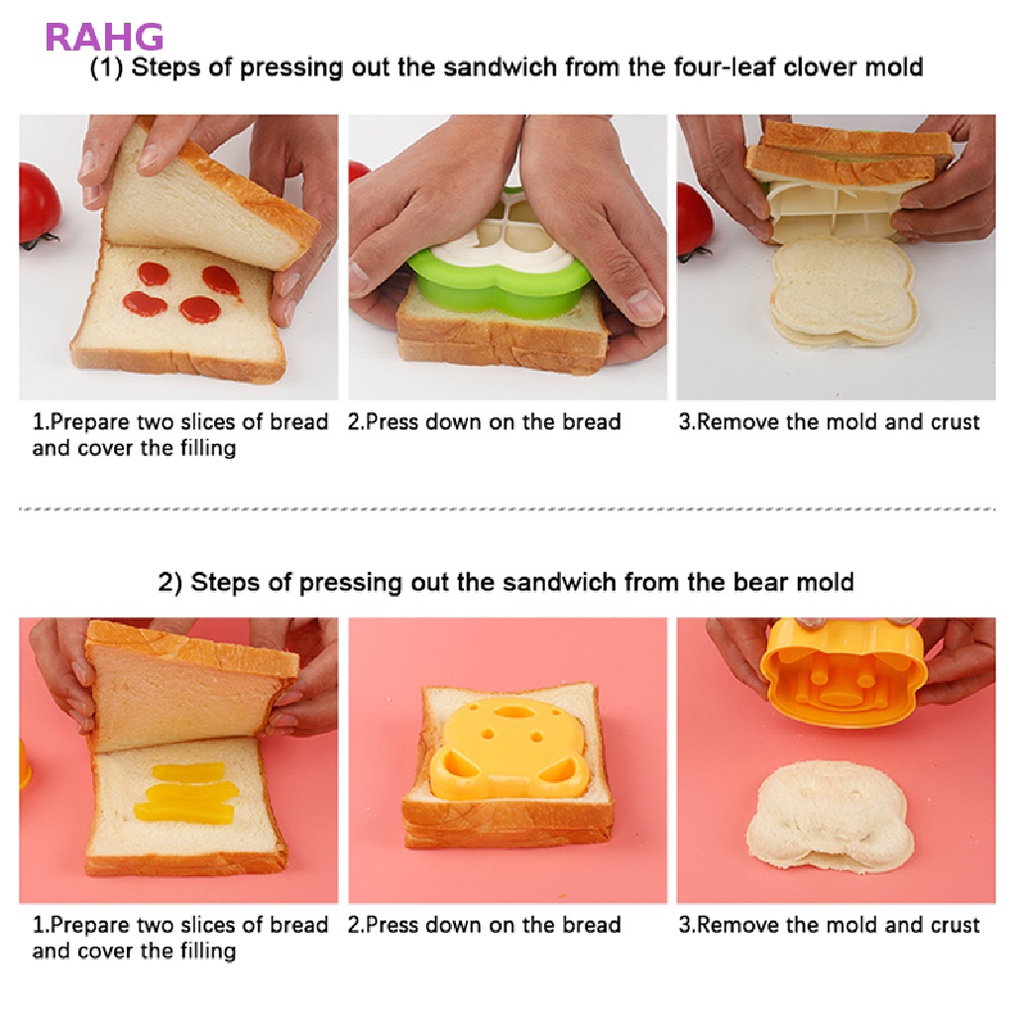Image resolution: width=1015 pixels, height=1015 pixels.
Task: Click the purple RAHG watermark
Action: pos(104,37)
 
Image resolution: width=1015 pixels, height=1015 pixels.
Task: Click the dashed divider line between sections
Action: pos(507,509)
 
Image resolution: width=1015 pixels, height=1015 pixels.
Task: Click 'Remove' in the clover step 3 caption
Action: pos(738,422)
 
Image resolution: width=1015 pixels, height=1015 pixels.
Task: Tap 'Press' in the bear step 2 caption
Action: pos(393,926)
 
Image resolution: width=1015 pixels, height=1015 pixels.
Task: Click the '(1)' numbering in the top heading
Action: pos(107,67)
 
